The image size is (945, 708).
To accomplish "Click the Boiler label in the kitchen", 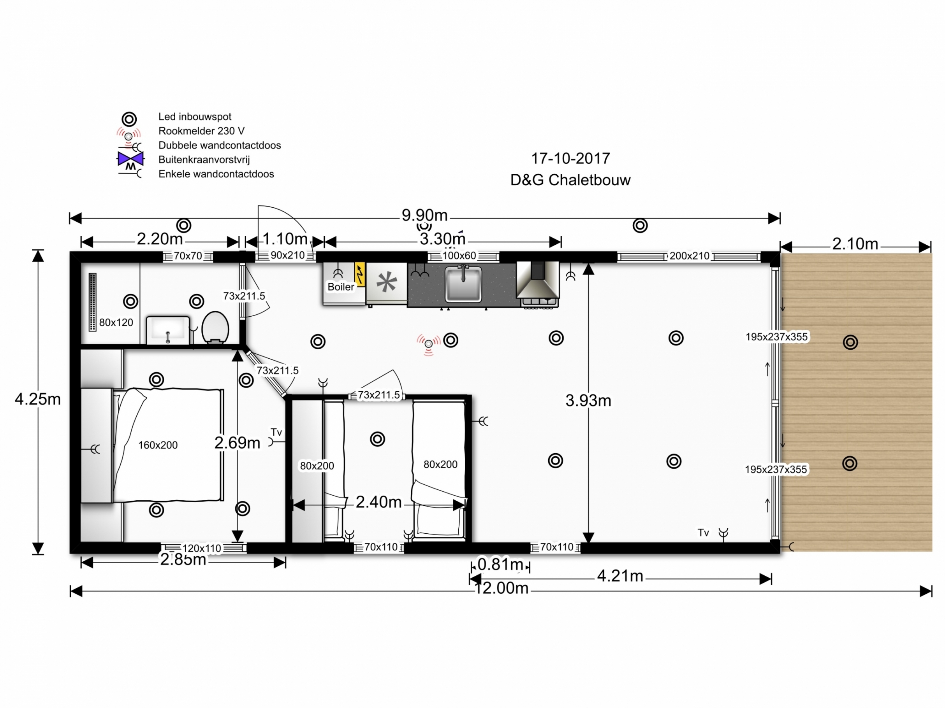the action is click(x=340, y=287).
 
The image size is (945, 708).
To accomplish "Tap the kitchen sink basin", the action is click(x=463, y=283).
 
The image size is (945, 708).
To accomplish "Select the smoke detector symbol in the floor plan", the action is click(x=428, y=344).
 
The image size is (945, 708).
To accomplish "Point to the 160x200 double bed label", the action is click(x=158, y=445).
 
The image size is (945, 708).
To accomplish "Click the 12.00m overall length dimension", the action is click(x=502, y=589).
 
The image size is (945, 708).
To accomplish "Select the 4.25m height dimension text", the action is click(x=38, y=399).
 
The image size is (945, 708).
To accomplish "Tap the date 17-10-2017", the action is click(x=570, y=159).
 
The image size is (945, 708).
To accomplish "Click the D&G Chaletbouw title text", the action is click(x=570, y=180).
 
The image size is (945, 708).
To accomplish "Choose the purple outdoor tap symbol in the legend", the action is click(x=130, y=159).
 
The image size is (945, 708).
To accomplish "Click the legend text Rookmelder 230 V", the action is click(x=201, y=131).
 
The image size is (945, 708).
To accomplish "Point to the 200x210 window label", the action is click(x=689, y=256).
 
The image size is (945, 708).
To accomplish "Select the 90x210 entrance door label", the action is click(x=287, y=255).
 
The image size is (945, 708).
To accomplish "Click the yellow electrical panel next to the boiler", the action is click(x=360, y=274).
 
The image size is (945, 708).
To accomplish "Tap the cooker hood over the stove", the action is click(x=537, y=280).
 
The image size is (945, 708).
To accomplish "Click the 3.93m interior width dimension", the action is click(x=588, y=400).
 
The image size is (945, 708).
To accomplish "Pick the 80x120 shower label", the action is click(x=116, y=322).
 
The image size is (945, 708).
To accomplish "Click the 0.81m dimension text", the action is click(x=500, y=564).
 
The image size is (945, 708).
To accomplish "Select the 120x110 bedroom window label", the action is click(x=202, y=549).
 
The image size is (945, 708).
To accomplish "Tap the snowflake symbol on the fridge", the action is click(x=386, y=282).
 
